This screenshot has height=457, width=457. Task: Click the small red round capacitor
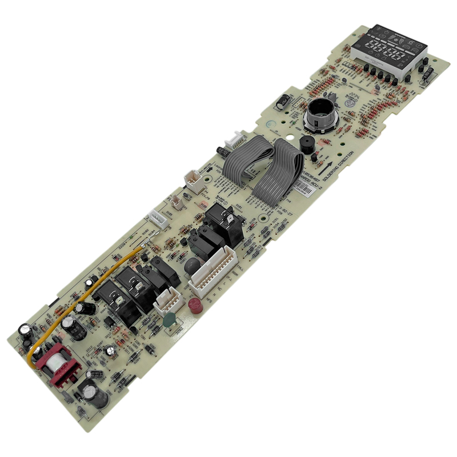point(194,305)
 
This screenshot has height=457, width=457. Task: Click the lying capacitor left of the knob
point(282,103)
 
